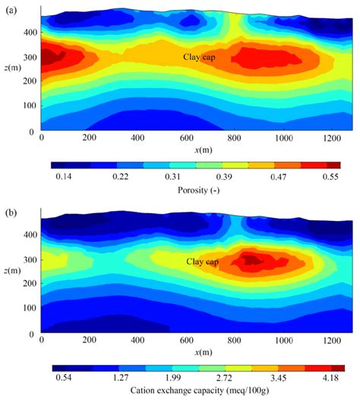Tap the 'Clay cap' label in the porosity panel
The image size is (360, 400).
tap(200, 57)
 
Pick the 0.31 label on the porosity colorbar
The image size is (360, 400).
tap(197, 176)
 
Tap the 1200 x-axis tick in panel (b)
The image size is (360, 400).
tap(333, 341)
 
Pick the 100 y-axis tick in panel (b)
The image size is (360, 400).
tap(29, 309)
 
